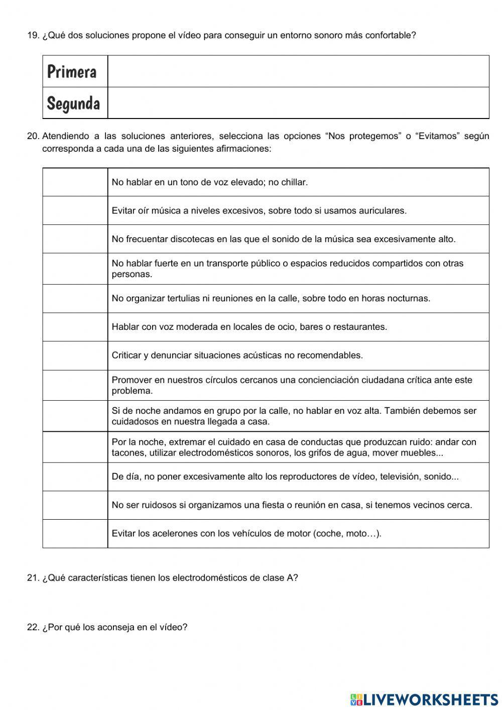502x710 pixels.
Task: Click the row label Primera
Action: click(72, 72)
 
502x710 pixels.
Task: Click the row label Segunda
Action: click(73, 103)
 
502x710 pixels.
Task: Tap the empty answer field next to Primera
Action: click(298, 71)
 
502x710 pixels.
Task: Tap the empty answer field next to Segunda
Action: click(298, 103)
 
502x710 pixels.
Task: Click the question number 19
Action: click(33, 35)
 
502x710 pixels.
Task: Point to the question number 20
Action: click(33, 136)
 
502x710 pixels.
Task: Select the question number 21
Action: click(33, 577)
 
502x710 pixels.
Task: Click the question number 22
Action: click(33, 627)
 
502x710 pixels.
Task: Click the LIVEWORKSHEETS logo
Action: click(424, 699)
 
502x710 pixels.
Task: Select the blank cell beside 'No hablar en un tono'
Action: click(75, 182)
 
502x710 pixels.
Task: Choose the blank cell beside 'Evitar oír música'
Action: click(75, 210)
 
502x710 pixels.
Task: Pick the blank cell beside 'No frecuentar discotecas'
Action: click(75, 239)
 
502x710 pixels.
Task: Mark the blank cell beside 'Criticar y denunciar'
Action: click(75, 356)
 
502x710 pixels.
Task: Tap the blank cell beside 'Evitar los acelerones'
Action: click(75, 533)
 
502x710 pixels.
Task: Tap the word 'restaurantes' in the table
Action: click(360, 327)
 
